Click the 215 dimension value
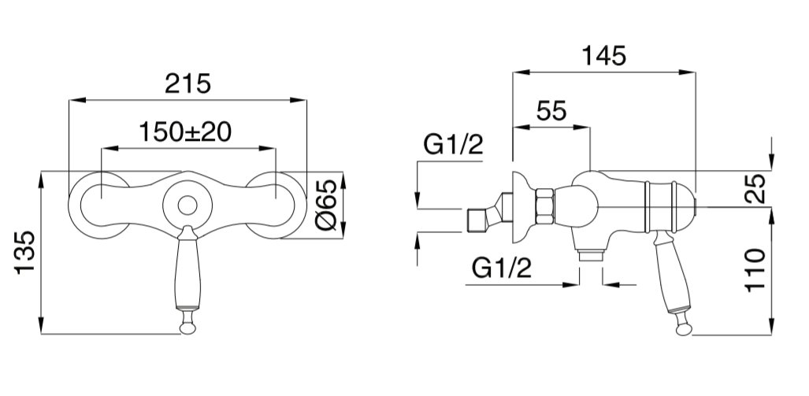[x=187, y=83]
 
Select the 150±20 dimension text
[x=185, y=132]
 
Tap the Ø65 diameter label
[x=326, y=205]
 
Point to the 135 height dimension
[x=25, y=252]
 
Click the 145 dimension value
[x=603, y=56]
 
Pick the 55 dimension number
[x=551, y=111]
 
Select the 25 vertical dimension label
[x=756, y=189]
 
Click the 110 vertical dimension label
[x=756, y=270]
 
